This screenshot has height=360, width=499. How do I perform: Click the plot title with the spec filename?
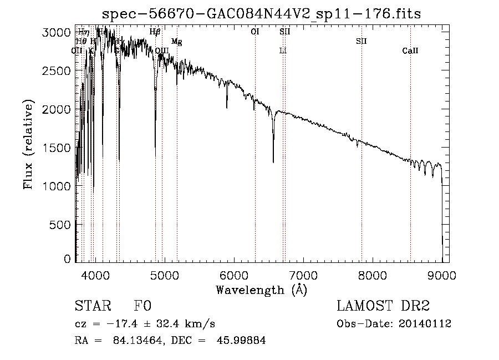pyautogui.click(x=262, y=14)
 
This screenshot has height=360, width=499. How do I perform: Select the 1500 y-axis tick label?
pyautogui.click(x=57, y=148)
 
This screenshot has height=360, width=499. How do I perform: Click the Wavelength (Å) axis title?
pyautogui.click(x=261, y=290)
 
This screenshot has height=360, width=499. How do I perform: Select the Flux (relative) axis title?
pyautogui.click(x=28, y=145)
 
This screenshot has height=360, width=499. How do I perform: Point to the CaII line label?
pyautogui.click(x=410, y=51)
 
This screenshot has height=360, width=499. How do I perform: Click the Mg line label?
pyautogui.click(x=176, y=42)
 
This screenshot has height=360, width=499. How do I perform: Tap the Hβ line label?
pyautogui.click(x=155, y=32)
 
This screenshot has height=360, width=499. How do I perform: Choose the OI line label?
pyautogui.click(x=255, y=32)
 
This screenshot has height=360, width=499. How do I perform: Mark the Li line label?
pyautogui.click(x=283, y=51)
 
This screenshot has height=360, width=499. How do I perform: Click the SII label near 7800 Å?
pyautogui.click(x=361, y=42)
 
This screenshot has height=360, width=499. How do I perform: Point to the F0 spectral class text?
pyautogui.click(x=142, y=306)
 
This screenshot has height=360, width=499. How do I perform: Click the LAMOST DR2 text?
pyautogui.click(x=383, y=306)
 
